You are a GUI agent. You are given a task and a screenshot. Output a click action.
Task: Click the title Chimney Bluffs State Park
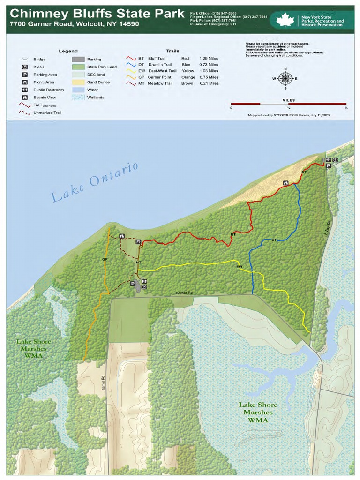click(97, 14)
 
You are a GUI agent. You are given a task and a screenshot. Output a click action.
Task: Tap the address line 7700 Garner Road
click(74, 24)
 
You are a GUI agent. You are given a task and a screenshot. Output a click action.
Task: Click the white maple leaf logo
click(285, 20)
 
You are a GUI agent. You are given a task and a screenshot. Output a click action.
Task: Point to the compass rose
click(285, 78)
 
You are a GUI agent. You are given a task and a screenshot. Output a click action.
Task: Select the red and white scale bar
click(288, 104)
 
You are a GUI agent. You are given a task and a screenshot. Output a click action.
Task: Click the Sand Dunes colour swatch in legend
click(78, 82)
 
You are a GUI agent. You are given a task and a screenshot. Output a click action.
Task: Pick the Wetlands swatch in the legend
click(78, 97)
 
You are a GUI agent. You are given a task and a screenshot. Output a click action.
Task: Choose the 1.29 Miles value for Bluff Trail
click(209, 59)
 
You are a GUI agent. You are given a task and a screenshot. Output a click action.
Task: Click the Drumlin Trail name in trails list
click(160, 65)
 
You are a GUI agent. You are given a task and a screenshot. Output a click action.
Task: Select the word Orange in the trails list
click(188, 77)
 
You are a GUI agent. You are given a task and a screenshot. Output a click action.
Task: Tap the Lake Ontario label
click(95, 182)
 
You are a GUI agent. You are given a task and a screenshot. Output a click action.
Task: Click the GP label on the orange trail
click(105, 259)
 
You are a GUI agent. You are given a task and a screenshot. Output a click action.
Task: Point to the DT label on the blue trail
click(274, 240)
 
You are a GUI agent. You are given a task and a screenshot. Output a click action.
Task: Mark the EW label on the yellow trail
click(239, 267)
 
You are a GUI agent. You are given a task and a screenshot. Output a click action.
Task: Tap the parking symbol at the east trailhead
click(329, 166)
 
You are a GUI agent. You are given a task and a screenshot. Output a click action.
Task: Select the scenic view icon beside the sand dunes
click(285, 183)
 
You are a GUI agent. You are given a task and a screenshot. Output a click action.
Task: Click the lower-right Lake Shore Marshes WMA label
click(258, 412)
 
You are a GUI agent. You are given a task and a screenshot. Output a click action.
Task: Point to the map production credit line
click(289, 115)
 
